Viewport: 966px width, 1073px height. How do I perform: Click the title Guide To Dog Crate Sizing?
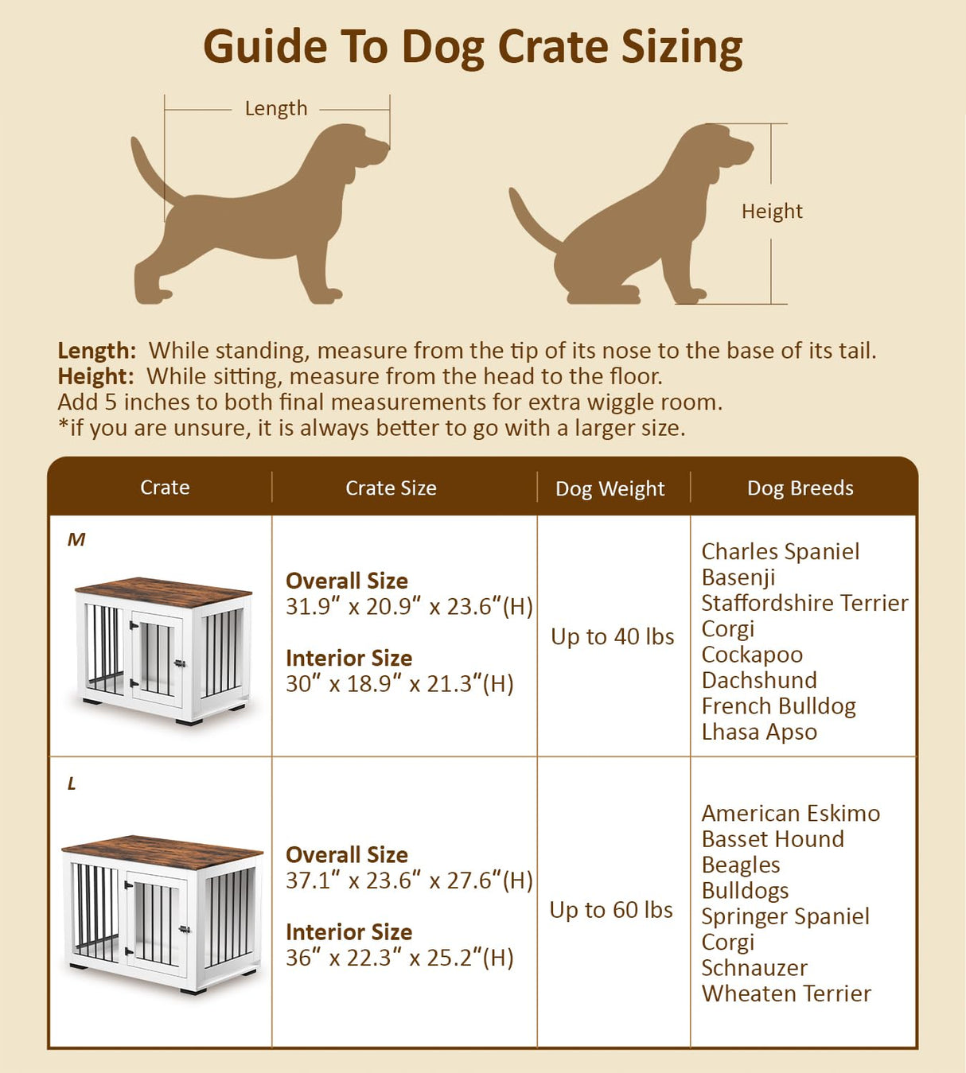pos(473,47)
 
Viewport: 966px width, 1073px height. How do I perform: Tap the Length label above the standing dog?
pos(276,108)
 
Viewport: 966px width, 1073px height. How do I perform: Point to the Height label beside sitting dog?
pos(772,212)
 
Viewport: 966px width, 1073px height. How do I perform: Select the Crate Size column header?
pos(391,488)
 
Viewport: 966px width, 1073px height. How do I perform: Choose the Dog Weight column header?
pos(610,489)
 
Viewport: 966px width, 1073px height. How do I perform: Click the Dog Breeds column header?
pos(800,488)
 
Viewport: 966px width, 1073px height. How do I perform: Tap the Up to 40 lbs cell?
pos(612,637)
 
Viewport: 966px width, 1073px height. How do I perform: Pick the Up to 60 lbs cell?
pos(611,910)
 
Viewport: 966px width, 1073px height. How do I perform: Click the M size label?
pos(76,540)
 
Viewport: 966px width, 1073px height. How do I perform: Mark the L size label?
pos(72,784)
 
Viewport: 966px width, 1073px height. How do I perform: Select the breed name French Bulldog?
pos(778,706)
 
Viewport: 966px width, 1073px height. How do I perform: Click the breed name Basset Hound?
pos(773,839)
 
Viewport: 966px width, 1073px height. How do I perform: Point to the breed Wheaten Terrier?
pos(786,993)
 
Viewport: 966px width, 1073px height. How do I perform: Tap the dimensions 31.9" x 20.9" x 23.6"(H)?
pos(409,607)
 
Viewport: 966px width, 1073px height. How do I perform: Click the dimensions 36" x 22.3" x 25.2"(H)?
pos(399,958)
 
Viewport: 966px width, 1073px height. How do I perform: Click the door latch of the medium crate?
pos(180,663)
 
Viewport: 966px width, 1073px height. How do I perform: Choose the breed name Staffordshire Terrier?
pos(804,603)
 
